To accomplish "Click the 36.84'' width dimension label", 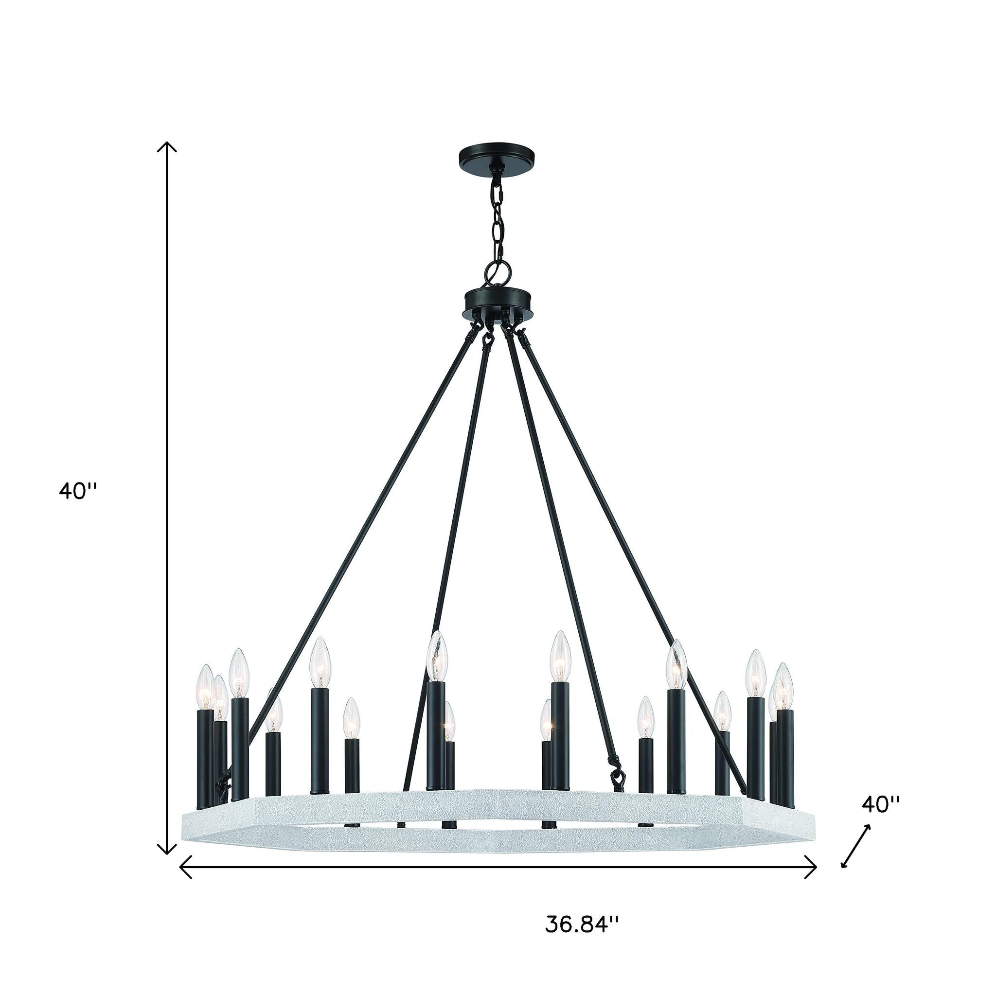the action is (x=581, y=924).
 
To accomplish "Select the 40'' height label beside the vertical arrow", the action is (x=78, y=491).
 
